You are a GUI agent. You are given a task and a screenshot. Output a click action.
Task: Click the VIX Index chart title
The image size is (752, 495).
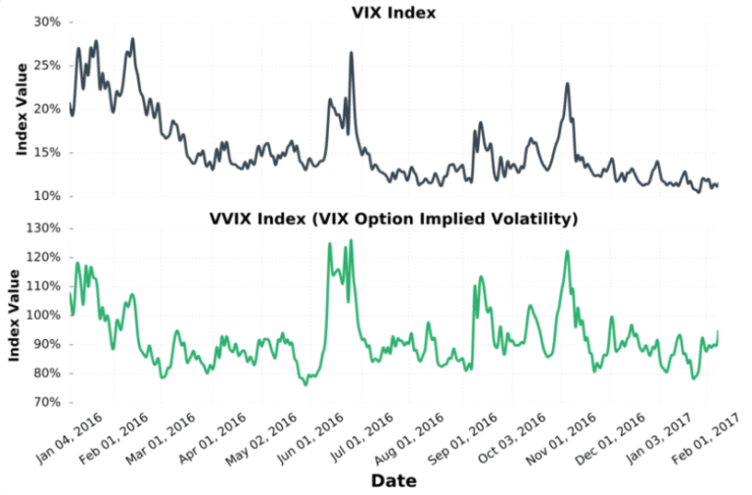[394, 13]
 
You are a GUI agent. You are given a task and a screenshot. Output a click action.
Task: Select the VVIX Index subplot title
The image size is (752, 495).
[394, 219]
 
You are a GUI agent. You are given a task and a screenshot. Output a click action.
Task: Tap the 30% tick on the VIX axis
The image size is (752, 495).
[46, 22]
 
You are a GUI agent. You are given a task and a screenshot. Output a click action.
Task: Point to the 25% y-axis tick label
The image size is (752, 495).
[46, 65]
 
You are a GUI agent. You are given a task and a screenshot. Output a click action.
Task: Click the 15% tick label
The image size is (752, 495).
[46, 152]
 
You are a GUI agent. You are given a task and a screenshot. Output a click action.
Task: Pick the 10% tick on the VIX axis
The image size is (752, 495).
[46, 196]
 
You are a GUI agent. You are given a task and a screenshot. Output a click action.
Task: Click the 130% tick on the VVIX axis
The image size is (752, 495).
[43, 228]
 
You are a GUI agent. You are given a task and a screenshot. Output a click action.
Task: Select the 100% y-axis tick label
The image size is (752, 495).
[43, 316]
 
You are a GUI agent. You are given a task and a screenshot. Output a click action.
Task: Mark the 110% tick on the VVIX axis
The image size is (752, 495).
[43, 286]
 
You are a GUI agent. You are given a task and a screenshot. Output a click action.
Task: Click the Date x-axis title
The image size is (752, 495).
[393, 481]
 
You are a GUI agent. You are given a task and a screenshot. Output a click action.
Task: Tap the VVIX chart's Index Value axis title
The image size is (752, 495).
[15, 314]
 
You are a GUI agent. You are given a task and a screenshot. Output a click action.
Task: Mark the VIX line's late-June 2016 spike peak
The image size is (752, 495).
[351, 53]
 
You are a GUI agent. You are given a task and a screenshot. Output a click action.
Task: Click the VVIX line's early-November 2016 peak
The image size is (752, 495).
[567, 251]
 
